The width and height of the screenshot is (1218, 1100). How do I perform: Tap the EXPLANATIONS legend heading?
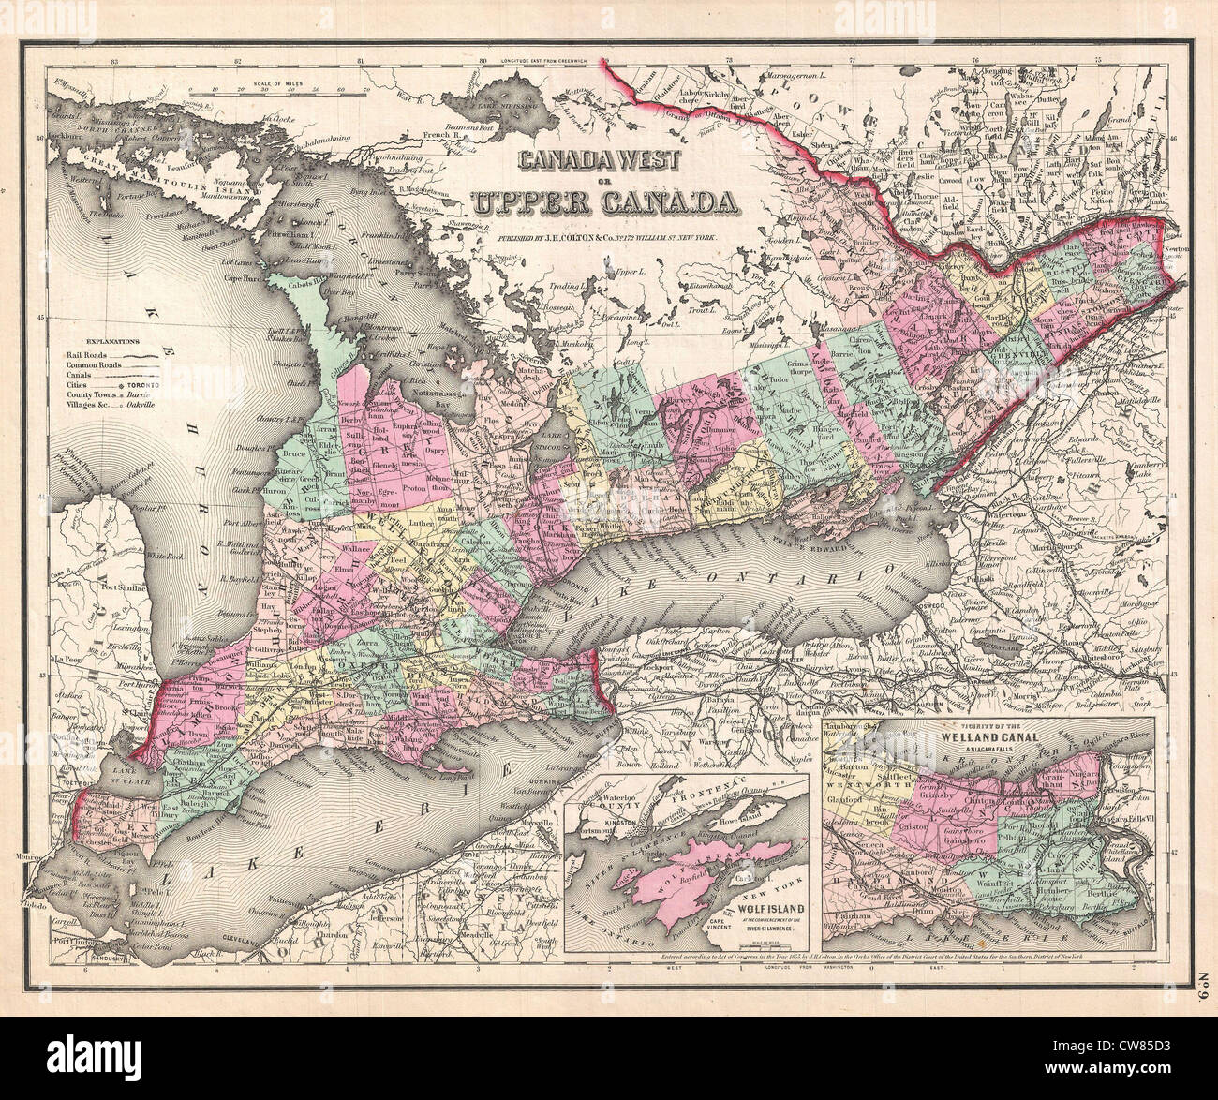tap(111, 342)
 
